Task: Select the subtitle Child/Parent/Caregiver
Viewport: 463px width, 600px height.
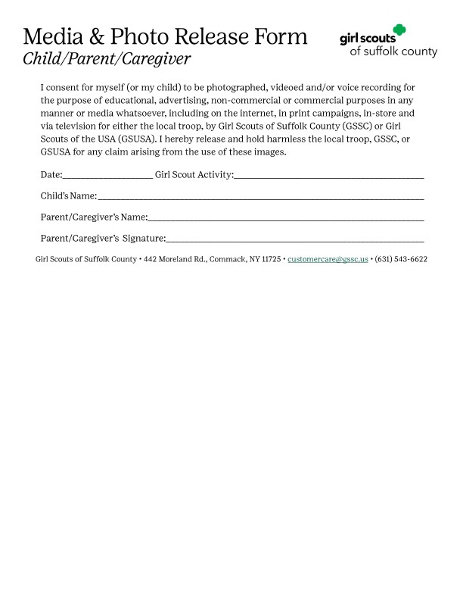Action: (x=106, y=58)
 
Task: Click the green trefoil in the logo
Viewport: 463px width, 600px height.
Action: (x=399, y=30)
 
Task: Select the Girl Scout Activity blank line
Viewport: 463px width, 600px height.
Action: (x=329, y=176)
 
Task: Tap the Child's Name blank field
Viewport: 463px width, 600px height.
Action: (x=260, y=197)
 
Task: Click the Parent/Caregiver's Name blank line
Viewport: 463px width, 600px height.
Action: (x=286, y=218)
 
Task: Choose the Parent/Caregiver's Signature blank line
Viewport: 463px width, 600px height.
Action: (x=295, y=239)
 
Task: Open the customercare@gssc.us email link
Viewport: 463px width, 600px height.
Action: (x=328, y=259)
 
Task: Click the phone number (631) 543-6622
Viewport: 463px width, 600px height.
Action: (x=401, y=259)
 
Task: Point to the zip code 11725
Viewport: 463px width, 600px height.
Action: (x=271, y=259)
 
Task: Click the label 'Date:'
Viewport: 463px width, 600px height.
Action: (x=51, y=176)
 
